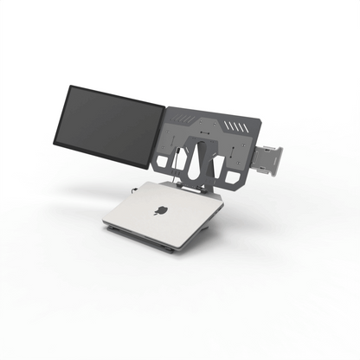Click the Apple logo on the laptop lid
point(163,210)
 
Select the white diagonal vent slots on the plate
point(234,126)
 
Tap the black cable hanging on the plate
point(175,160)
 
